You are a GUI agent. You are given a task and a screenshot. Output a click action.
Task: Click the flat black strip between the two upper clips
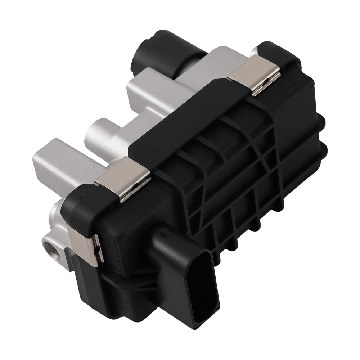click(x=180, y=126)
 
